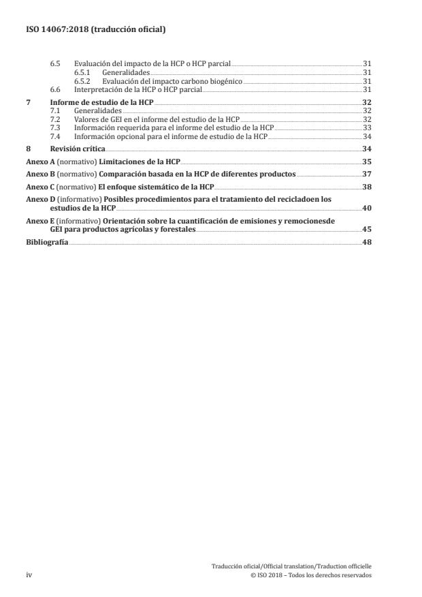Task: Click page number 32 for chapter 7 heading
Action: [367, 102]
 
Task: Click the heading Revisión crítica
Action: [78, 149]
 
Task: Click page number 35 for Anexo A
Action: [367, 162]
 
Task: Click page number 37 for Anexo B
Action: [367, 174]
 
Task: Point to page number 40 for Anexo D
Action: [367, 208]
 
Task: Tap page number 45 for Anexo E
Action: [367, 230]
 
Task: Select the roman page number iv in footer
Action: [29, 575]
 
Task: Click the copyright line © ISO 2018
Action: [311, 575]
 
